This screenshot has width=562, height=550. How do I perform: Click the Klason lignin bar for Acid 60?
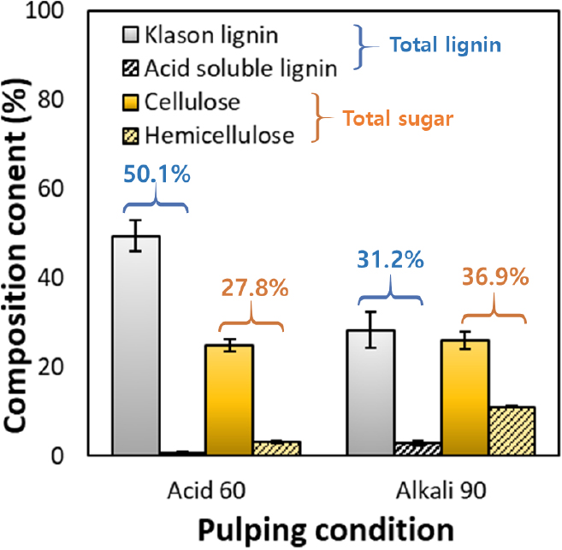(136, 346)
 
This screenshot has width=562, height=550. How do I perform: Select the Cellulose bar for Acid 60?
(228, 399)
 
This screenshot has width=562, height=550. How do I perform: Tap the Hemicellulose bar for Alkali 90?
(512, 431)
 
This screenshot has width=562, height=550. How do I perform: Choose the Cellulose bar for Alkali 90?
(464, 397)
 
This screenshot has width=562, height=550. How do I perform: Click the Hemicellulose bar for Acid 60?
(276, 448)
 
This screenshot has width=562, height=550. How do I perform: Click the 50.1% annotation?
(156, 174)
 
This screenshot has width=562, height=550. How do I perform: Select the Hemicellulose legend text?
(220, 134)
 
